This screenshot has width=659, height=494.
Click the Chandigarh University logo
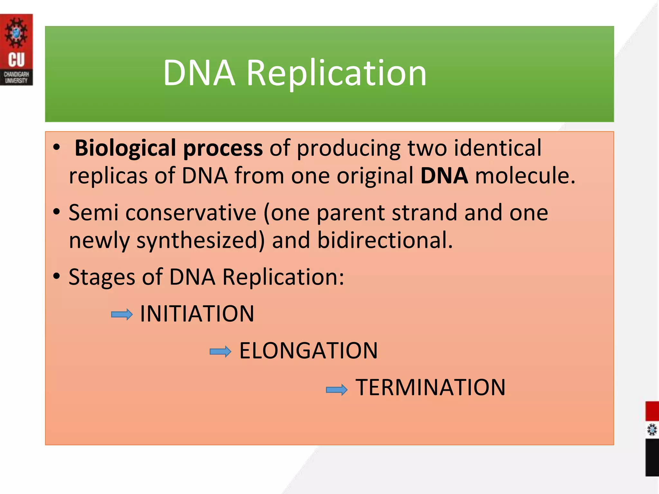coord(16,50)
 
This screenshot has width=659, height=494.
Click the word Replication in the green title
coord(336,73)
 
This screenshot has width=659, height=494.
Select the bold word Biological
coord(125,148)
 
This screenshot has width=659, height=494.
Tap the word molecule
coord(525,176)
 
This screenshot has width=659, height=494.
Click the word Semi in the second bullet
coord(94,213)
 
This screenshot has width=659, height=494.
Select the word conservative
coord(191,213)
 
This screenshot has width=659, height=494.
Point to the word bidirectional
coord(385,240)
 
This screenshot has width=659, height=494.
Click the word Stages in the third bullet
coord(102,278)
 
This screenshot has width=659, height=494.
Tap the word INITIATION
coord(197,314)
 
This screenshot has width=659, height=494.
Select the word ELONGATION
coord(308,351)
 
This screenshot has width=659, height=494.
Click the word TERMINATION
coord(431,387)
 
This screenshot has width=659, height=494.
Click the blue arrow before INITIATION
coord(122,315)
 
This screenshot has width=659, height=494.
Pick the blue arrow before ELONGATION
coord(220,352)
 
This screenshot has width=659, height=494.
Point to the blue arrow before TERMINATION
coord(337,390)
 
